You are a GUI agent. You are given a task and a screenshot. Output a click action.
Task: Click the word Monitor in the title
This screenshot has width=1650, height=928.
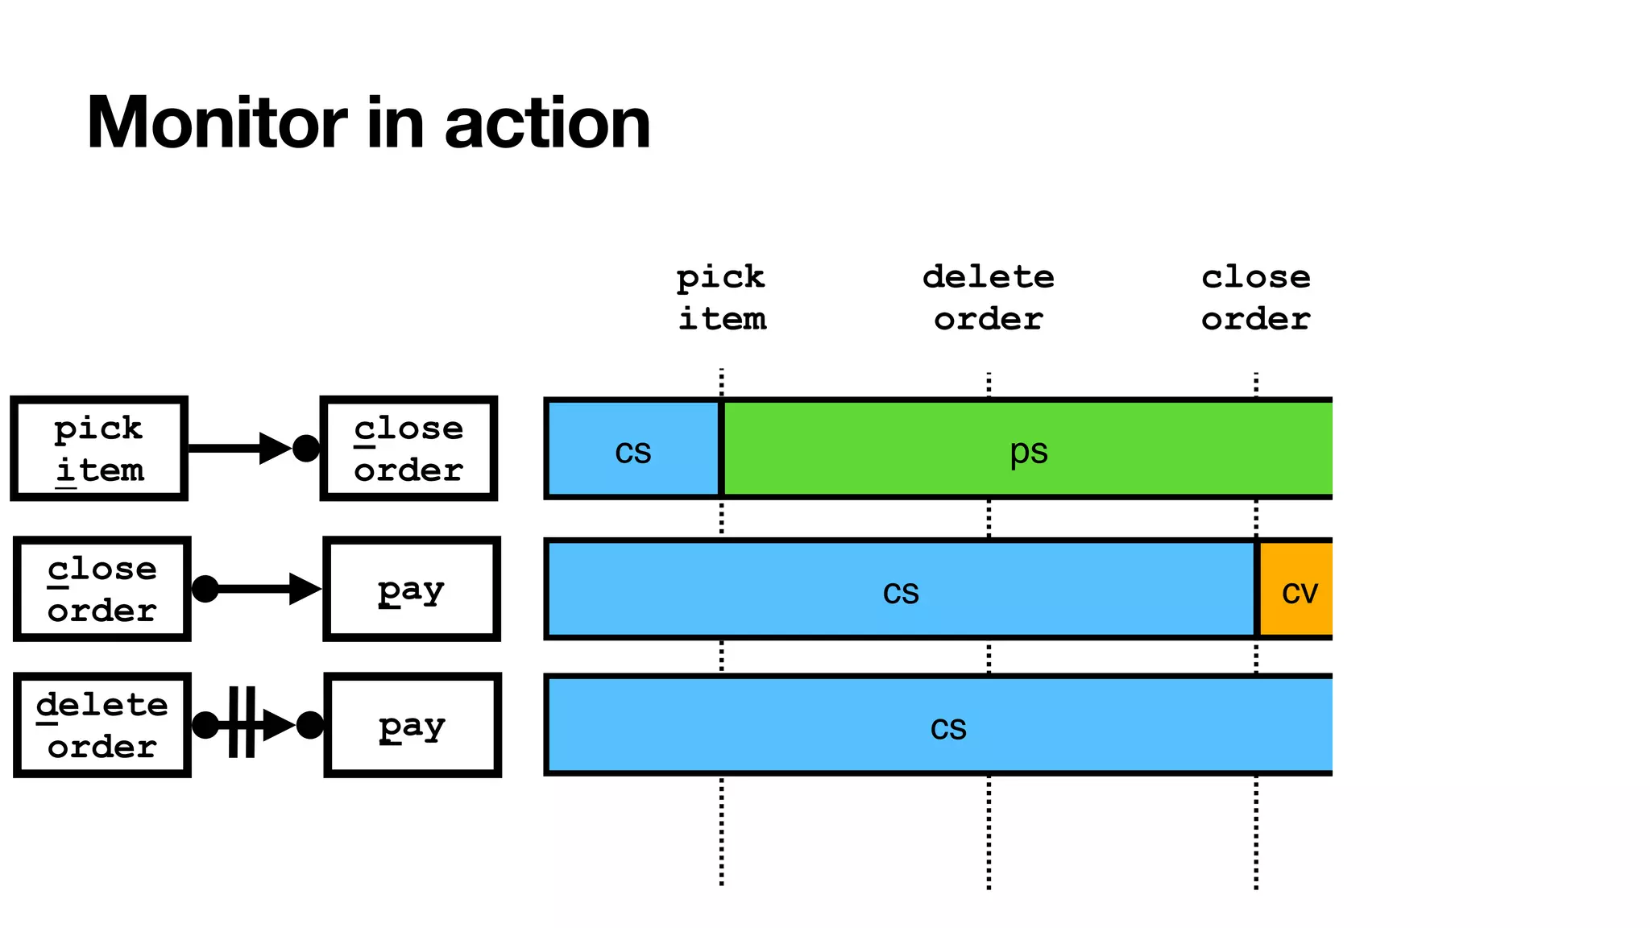[x=216, y=123]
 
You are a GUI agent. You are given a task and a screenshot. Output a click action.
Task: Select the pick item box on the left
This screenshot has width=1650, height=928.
[x=99, y=449]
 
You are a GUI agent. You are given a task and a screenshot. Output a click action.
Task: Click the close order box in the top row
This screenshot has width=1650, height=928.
[x=408, y=449]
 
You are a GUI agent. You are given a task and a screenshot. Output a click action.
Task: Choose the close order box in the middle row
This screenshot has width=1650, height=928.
[x=102, y=589]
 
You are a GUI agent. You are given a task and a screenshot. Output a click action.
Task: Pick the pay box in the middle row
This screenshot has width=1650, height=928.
[x=412, y=589]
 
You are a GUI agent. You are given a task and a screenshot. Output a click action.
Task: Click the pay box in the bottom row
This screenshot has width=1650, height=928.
[x=412, y=725]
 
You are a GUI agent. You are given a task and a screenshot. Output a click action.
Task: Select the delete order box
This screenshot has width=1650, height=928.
[x=102, y=725]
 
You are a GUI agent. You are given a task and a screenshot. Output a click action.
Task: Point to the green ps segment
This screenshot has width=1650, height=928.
[x=1028, y=449]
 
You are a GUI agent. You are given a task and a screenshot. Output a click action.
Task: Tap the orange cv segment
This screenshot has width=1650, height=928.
[x=1296, y=590]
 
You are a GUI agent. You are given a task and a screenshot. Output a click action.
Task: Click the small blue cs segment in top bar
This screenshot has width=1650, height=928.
[x=633, y=449]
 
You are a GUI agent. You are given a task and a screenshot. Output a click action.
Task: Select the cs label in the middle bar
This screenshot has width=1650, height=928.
[x=901, y=591]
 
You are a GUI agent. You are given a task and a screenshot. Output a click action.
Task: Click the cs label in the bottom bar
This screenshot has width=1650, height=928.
[x=948, y=727]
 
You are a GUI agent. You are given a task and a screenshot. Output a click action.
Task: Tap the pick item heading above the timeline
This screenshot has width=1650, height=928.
[x=721, y=297]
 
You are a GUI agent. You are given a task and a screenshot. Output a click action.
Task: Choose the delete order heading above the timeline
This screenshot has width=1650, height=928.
[x=989, y=297]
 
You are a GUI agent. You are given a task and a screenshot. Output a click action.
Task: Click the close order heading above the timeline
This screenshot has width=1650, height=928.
[x=1255, y=297]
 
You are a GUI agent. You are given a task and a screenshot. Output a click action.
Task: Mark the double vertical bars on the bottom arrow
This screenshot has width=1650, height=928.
[x=242, y=723]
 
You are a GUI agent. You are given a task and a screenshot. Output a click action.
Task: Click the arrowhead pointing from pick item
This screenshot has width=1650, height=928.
[x=275, y=449]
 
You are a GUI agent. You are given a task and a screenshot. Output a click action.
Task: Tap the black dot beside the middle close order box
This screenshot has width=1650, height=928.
[x=205, y=589]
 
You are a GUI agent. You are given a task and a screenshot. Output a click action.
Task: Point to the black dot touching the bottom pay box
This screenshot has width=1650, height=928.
[x=310, y=725]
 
